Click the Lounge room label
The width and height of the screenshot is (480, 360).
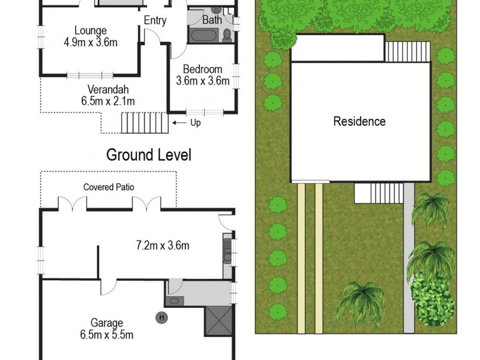tap(91, 31)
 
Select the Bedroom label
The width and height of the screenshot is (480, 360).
tap(203, 69)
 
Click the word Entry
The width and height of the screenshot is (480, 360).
tap(155, 20)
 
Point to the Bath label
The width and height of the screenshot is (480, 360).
tap(212, 20)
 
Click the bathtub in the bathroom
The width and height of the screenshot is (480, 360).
tap(205, 35)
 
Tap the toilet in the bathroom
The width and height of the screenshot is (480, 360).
tap(227, 35)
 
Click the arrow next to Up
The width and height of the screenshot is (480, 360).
tap(179, 123)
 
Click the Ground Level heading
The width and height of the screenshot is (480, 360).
tap(149, 155)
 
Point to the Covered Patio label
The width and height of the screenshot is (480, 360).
tap(108, 187)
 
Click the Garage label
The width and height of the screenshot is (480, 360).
tap(107, 322)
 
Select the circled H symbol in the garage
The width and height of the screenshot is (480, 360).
tap(161, 317)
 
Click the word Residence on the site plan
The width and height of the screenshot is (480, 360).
tap(359, 121)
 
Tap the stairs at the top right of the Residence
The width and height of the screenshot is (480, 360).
tap(407, 52)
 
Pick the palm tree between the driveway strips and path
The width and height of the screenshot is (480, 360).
tap(360, 303)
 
